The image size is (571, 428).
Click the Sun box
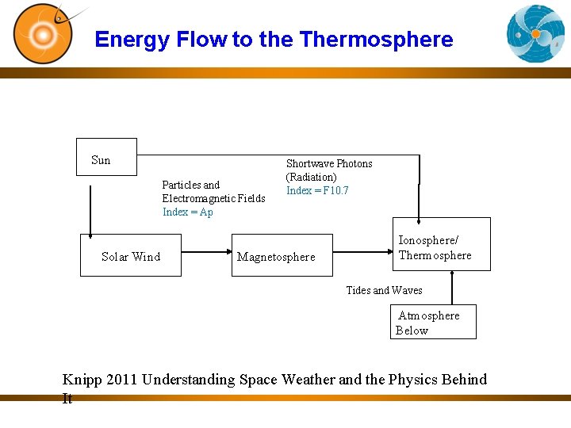(106, 157)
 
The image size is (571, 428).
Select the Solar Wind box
(131, 255)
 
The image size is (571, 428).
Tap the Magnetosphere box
(282, 255)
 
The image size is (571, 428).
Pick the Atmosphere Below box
(434, 322)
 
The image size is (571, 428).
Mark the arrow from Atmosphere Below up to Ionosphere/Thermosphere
(452, 288)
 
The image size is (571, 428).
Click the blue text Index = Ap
(188, 212)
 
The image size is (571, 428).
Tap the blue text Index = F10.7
(317, 191)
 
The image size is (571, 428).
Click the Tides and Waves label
(384, 291)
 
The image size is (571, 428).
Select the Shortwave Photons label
(329, 164)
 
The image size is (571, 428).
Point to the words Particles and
(191, 185)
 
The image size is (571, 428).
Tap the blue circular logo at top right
(535, 33)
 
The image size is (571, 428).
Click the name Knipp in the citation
(82, 380)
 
